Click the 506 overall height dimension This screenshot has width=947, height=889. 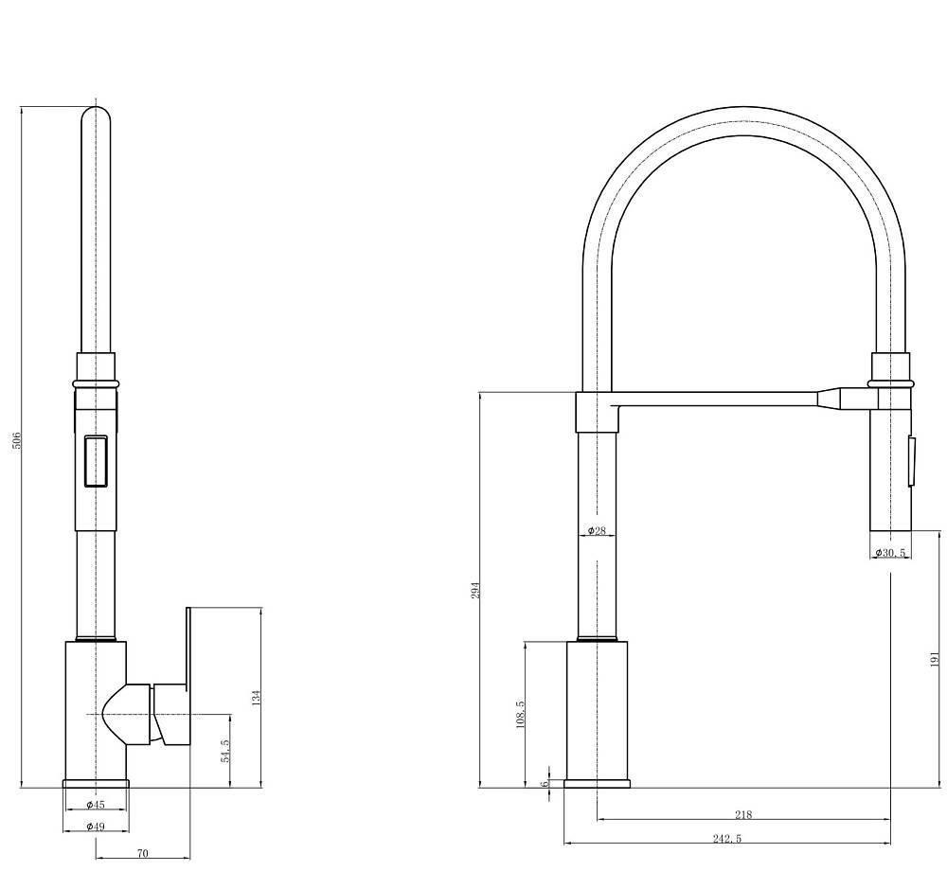17,439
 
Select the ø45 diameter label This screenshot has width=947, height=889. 96,805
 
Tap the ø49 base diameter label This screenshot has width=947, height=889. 96,826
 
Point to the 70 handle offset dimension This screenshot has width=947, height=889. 143,853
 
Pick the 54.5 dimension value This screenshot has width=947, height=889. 225,751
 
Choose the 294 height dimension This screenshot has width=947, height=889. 475,590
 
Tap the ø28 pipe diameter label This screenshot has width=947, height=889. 597,531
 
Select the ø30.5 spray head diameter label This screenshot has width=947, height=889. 891,553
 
